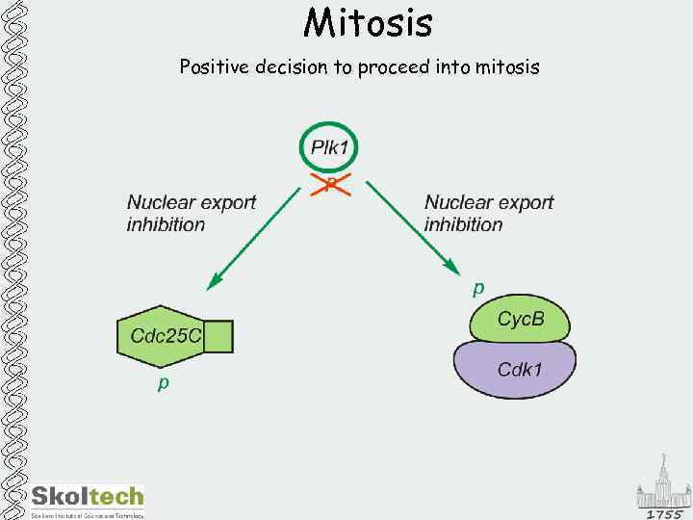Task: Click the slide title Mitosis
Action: [368, 22]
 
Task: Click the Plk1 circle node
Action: [332, 148]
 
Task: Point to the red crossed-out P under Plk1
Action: [331, 183]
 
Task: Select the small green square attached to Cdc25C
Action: [218, 336]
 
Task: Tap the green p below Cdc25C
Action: [164, 383]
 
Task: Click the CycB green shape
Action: [520, 320]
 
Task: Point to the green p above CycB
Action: [478, 287]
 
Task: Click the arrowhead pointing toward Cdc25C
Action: [215, 282]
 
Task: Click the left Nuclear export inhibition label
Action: [191, 213]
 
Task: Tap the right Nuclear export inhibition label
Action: [489, 213]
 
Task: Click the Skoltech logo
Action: [87, 500]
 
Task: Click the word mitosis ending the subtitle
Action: [505, 67]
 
